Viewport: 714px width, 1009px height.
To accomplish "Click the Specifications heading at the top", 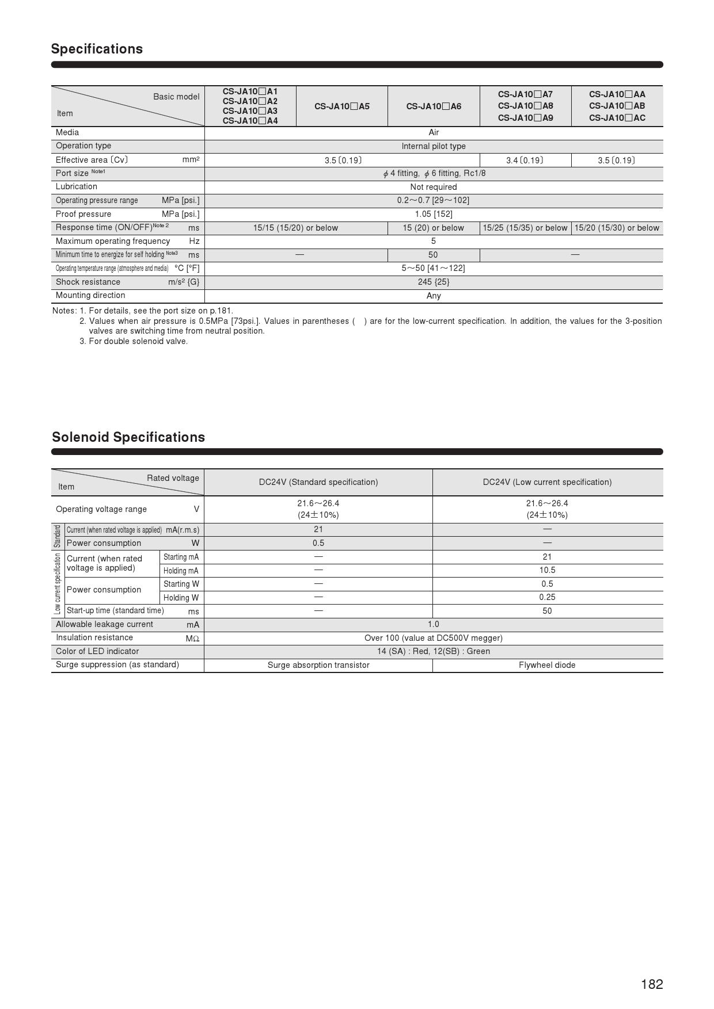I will coord(97,49).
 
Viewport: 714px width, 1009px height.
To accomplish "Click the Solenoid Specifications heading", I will coord(128,437).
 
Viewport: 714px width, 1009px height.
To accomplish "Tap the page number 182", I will coord(652,984).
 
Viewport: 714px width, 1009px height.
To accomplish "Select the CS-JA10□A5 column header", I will coord(342,106).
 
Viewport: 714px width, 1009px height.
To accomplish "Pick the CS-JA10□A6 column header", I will coord(434,106).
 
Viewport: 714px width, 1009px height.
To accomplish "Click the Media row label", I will coord(67,132).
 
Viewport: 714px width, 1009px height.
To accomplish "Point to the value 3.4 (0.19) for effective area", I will coord(525,160).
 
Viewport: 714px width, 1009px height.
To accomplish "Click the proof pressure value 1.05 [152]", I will coord(434,214).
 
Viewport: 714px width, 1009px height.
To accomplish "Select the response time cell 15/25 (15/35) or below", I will coord(525,228).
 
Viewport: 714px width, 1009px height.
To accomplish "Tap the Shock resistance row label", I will coord(88,282).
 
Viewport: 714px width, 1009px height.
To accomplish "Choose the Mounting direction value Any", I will coord(434,296).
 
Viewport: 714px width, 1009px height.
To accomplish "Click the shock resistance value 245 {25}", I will coord(434,282).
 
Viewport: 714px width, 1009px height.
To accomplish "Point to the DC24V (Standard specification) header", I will coord(318,482).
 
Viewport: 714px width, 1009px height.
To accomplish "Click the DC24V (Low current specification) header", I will coord(547,482).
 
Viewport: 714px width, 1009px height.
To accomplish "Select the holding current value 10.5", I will coord(547,570).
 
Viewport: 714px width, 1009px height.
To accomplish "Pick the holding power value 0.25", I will coord(547,597).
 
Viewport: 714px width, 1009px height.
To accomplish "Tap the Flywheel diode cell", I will coord(547,665).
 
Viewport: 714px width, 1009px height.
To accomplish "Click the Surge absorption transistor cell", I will coord(318,665).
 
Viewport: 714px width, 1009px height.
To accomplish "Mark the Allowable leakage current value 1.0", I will coord(434,624).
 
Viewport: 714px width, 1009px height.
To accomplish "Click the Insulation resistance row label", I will coord(94,637).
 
